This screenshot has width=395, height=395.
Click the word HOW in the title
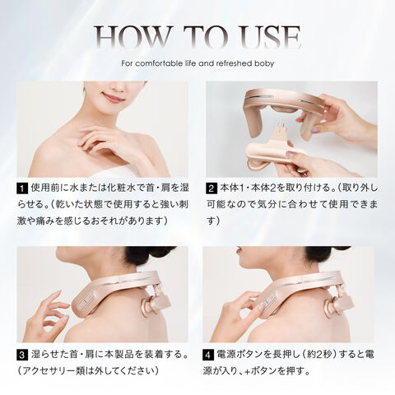131,37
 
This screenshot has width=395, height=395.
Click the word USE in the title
269,37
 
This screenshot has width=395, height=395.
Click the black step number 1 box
22,189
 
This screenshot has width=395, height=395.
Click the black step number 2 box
211,189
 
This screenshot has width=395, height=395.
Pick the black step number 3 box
22,355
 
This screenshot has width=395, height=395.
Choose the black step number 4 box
208,355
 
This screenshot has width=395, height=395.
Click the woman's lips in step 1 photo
113,97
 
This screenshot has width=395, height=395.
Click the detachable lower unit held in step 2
272,154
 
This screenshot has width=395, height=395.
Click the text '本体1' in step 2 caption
232,188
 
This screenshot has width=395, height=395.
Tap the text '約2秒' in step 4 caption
320,355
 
